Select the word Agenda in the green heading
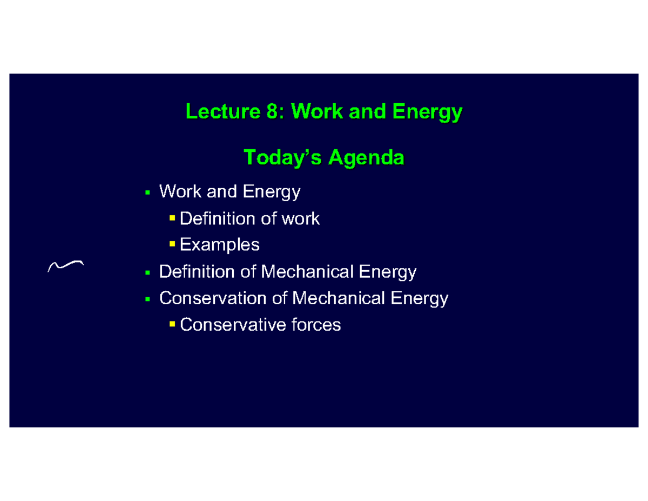click(x=366, y=158)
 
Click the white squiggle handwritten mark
click(x=65, y=265)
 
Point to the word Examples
click(x=219, y=245)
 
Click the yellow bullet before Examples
click(x=172, y=245)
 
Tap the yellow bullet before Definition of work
click(x=172, y=218)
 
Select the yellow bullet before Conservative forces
click(x=172, y=324)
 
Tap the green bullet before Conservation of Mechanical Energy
click(x=147, y=299)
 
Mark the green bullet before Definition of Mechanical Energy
click(x=147, y=272)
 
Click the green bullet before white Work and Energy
click(x=147, y=192)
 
